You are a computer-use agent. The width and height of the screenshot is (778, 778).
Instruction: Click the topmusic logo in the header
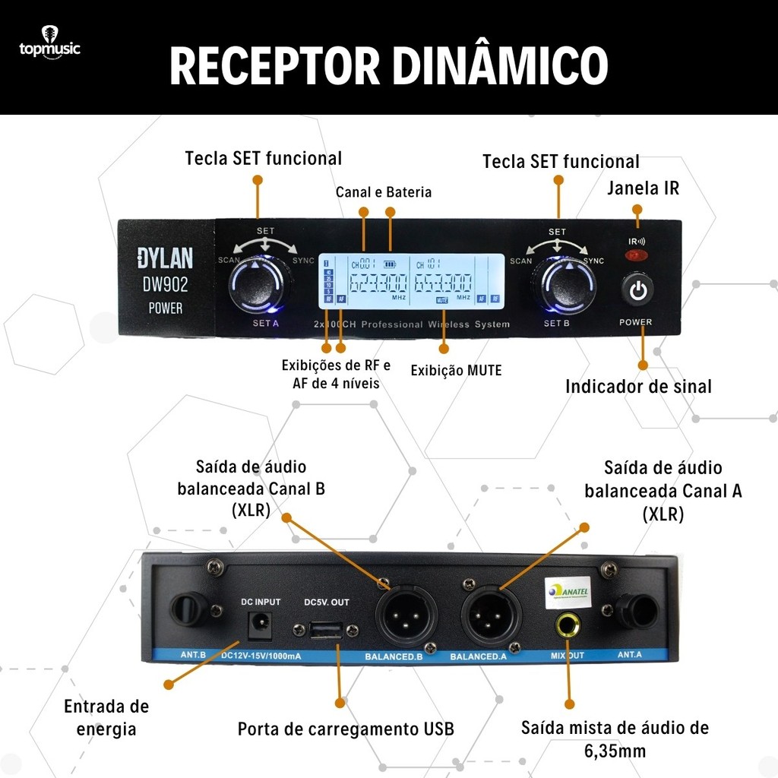(x=49, y=46)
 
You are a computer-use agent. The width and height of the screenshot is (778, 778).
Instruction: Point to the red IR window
(x=634, y=255)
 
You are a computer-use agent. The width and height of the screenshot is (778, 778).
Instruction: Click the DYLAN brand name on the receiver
(x=165, y=258)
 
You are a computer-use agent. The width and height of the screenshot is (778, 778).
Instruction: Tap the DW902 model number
(x=165, y=285)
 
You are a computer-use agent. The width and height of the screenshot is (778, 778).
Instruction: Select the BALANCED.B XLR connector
(x=400, y=615)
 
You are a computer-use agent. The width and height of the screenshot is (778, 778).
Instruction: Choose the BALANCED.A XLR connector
(x=487, y=615)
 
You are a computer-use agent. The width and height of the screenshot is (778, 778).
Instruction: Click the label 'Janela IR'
(x=643, y=188)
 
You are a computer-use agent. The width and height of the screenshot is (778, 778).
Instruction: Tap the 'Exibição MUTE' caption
(x=456, y=371)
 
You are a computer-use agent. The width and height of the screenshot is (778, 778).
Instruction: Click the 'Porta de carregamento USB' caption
(x=346, y=729)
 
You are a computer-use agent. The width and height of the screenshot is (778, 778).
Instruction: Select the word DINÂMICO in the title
(x=504, y=66)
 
